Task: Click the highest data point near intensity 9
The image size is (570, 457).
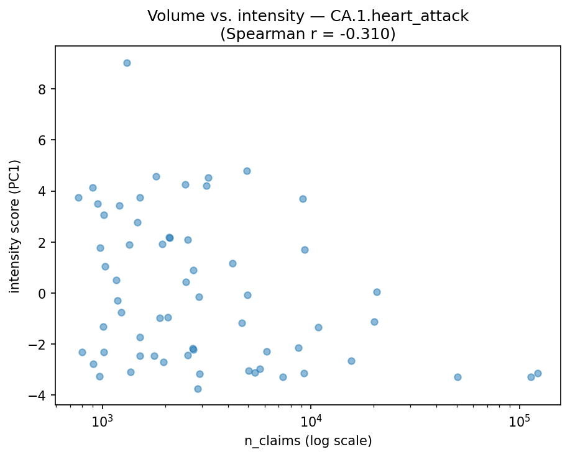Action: pyautogui.click(x=127, y=63)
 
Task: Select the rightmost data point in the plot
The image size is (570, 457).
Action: pyautogui.click(x=538, y=373)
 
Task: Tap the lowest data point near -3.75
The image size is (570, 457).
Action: pyautogui.click(x=198, y=389)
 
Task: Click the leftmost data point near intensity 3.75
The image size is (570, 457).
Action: pyautogui.click(x=78, y=197)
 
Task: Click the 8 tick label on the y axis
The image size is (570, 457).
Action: pyautogui.click(x=44, y=89)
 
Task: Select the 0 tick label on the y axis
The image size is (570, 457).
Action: pyautogui.click(x=44, y=293)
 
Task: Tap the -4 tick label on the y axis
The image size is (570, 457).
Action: pyautogui.click(x=40, y=395)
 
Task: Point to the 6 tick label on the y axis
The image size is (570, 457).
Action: pyautogui.click(x=44, y=140)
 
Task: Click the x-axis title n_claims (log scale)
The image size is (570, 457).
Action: pyautogui.click(x=308, y=441)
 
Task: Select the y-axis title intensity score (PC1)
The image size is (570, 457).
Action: pyautogui.click(x=14, y=226)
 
